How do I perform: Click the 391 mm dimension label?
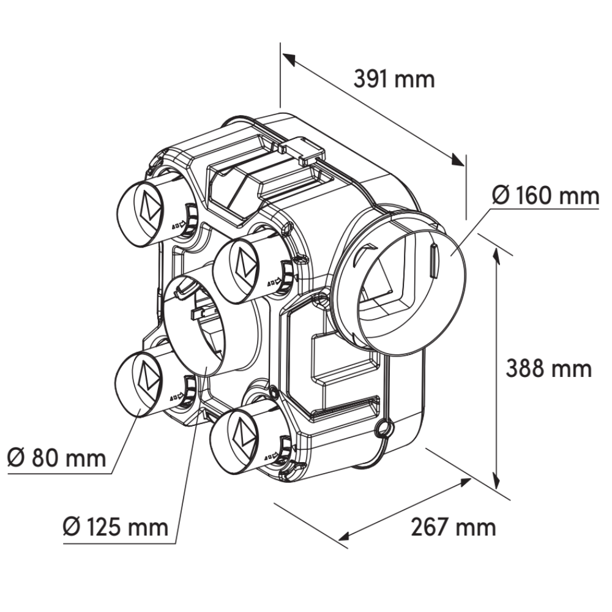click(x=394, y=79)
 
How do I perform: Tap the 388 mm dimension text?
click(x=549, y=368)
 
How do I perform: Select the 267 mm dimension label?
click(x=453, y=528)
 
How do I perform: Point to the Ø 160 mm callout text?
click(x=545, y=196)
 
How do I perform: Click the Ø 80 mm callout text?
click(x=56, y=458)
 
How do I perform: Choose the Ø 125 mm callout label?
click(x=116, y=528)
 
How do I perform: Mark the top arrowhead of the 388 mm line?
click(x=496, y=254)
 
